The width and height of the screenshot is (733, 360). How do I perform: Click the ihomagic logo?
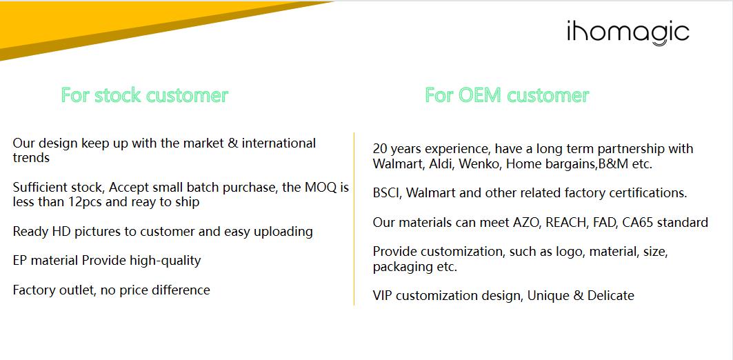[x=627, y=32]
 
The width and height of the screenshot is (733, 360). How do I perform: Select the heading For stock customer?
[x=144, y=95]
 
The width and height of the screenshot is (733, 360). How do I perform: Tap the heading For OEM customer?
[x=507, y=95]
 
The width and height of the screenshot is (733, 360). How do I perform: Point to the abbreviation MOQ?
[x=321, y=188]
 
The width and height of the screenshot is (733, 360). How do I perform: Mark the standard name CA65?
[x=638, y=223]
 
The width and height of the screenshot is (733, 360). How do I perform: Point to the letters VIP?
[x=383, y=295]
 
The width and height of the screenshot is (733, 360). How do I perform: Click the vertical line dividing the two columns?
[x=354, y=219]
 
